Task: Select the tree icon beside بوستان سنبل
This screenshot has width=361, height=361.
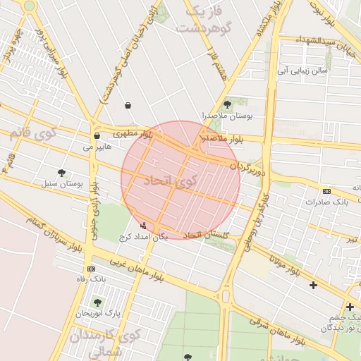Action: tap(61, 172)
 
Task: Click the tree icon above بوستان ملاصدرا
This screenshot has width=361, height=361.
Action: tap(226, 103)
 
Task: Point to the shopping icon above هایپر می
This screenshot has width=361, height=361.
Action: tap(97, 135)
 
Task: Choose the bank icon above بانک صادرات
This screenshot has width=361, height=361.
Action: tap(326, 191)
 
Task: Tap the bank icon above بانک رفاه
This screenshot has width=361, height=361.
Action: tap(91, 269)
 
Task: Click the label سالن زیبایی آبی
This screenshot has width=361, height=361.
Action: tap(302, 71)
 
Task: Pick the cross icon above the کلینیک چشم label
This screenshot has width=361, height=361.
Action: tap(350, 307)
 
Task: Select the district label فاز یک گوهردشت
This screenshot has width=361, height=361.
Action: tap(204, 20)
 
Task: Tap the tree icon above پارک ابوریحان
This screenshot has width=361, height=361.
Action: tap(98, 302)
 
